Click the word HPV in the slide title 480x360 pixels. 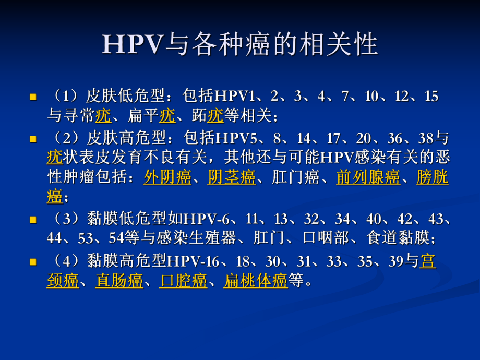133,45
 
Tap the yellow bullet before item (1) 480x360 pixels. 33,97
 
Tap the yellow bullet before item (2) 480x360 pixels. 33,139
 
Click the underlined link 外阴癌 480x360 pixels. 167,178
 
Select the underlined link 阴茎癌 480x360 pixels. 232,178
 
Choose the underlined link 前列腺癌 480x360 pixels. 368,178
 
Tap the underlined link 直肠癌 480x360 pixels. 119,281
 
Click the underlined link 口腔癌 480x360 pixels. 184,281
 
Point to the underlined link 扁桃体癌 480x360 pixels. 256,281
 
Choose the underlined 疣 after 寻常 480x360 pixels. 103,115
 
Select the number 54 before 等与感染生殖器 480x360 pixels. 116,238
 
